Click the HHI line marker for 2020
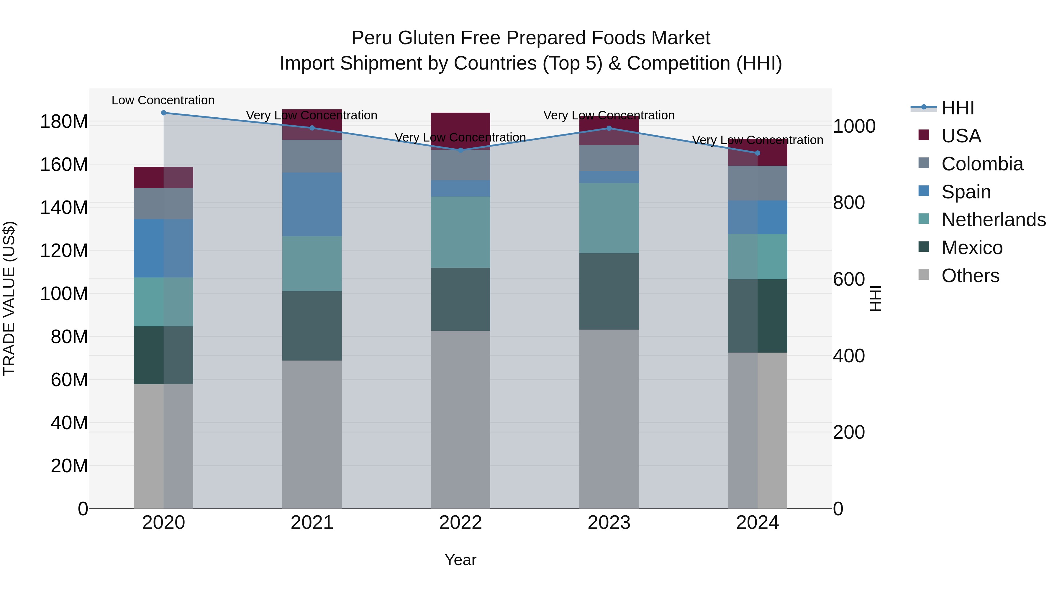164,113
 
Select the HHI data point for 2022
460,150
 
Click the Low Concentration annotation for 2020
163,100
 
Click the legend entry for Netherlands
993,220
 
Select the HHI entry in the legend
957,108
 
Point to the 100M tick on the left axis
64,294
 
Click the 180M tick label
64,122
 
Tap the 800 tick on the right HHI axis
848,203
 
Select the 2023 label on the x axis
609,523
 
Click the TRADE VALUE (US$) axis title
9,298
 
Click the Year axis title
460,560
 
